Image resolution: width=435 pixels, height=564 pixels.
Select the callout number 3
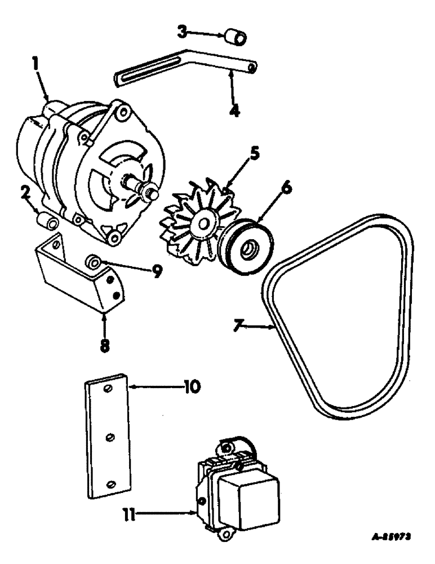[x=182, y=32]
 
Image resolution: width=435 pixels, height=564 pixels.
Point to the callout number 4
[x=234, y=109]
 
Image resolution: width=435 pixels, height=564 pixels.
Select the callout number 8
[x=105, y=344]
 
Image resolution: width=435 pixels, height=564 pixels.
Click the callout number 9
[x=157, y=272]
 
